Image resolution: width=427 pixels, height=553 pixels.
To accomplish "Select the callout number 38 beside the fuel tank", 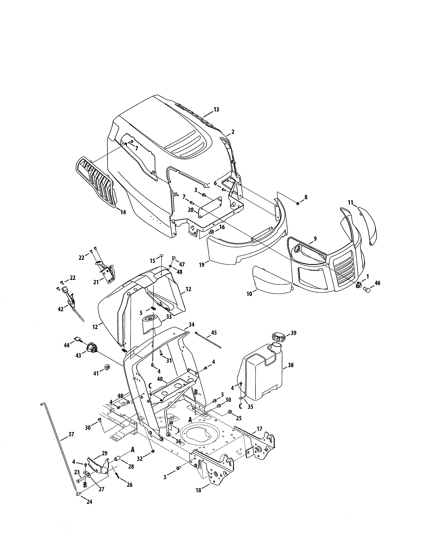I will point(291,365).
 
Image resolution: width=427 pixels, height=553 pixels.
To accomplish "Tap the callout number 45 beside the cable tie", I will point(214,332).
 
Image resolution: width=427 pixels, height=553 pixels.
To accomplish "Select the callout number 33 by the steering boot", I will point(169,317).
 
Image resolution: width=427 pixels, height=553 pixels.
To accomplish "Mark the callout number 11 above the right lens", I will point(350,203).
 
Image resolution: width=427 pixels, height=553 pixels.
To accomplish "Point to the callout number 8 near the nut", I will point(306,197).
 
